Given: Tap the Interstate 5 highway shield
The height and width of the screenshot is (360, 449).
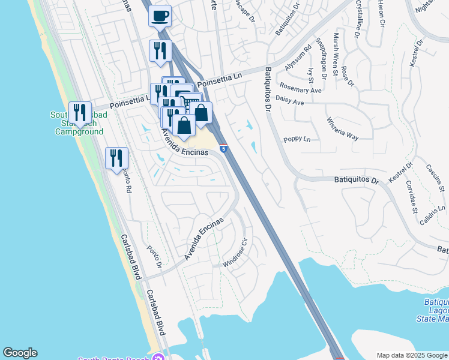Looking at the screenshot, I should (x=223, y=148).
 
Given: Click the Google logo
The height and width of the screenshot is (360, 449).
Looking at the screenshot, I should (x=20, y=353).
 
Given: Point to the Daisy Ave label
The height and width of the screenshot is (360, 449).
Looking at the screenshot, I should (x=290, y=101).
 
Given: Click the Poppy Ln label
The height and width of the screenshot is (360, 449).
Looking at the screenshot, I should (x=297, y=139).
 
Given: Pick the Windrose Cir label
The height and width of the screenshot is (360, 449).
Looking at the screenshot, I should (x=236, y=254).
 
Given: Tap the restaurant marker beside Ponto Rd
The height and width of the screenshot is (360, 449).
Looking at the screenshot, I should (x=116, y=158).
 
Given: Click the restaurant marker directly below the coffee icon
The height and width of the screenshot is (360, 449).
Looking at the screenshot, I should (x=160, y=50).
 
